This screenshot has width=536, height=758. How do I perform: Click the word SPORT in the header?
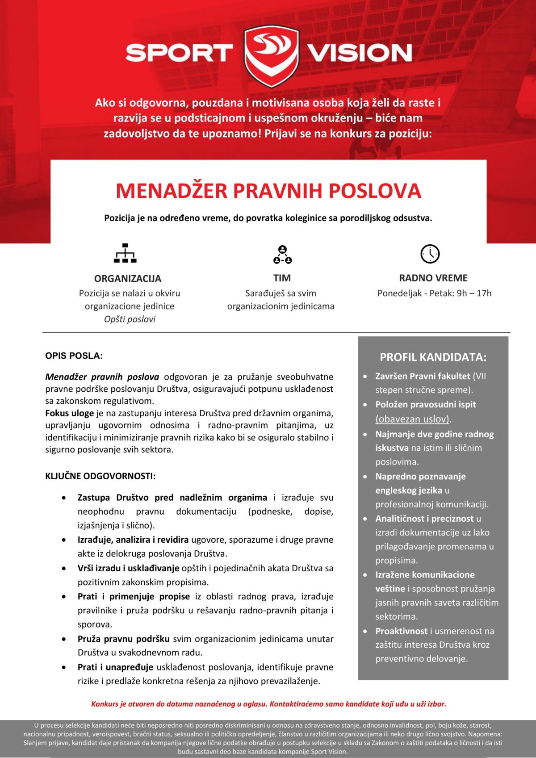tap(179, 53)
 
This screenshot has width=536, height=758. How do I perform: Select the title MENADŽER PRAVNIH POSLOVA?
tap(268, 191)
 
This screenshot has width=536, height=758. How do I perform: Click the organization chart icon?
tap(125, 253)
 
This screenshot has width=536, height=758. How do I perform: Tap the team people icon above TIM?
tap(282, 254)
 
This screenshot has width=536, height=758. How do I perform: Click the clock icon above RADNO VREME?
tap(430, 254)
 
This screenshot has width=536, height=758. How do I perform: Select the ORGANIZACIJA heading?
tap(128, 279)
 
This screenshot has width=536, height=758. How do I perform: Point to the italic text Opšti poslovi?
tap(130, 319)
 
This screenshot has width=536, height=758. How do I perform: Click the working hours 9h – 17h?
tap(474, 293)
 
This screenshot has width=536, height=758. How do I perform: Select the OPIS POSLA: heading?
tap(74, 356)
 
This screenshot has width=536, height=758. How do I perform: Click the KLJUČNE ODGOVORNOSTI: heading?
tap(100, 476)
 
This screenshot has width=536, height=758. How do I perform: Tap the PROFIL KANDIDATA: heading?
tap(433, 357)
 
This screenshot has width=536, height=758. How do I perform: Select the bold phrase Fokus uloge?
tap(70, 413)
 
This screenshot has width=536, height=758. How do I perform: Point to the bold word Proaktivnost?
tap(401, 631)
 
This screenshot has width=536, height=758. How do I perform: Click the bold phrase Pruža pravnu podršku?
tap(124, 639)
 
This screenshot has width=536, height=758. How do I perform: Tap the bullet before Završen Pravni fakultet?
tap(365, 377)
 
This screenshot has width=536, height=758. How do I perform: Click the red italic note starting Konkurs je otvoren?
tap(268, 704)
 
